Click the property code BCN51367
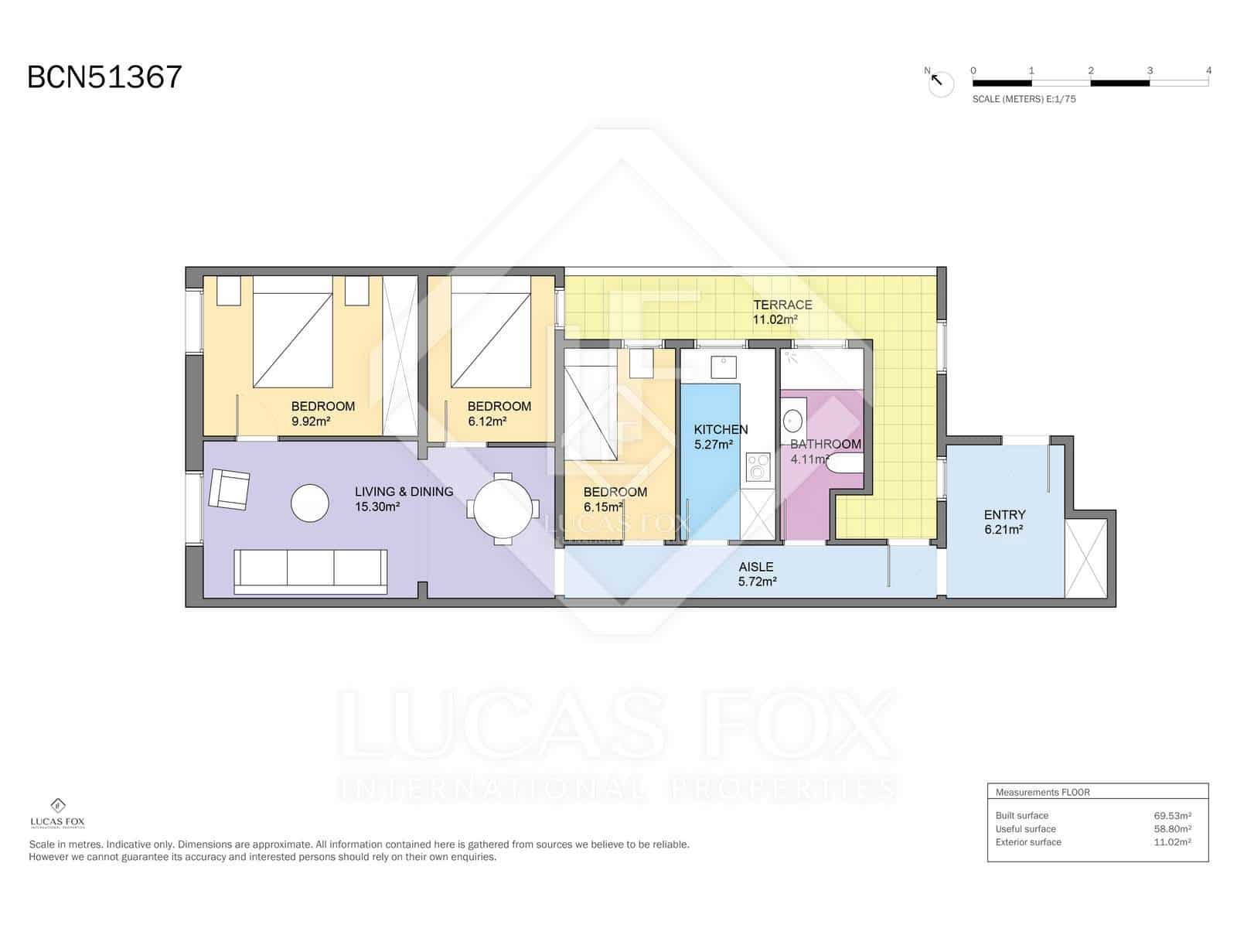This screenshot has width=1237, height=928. click(x=104, y=77)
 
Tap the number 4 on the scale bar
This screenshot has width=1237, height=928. click(x=1208, y=70)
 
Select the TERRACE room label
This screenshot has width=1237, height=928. click(x=782, y=305)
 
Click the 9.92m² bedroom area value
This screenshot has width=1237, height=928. click(x=311, y=421)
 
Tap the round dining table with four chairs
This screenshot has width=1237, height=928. click(x=503, y=508)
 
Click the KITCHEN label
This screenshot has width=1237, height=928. click(x=721, y=429)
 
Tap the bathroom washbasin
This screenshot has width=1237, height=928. click(x=793, y=421)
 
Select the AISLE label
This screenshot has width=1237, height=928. click(x=755, y=567)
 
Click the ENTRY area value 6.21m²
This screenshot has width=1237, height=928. click(x=1004, y=530)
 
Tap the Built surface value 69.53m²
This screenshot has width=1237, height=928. click(x=1172, y=815)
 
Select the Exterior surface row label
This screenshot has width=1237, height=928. click(x=1028, y=842)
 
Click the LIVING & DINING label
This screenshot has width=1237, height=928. click(x=404, y=492)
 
